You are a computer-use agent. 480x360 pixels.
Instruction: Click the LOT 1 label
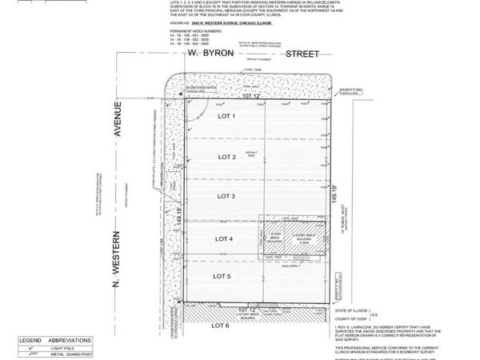[x=226, y=116]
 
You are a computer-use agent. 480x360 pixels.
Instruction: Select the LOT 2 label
[x=226, y=157]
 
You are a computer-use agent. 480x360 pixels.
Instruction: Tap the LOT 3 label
[x=226, y=195]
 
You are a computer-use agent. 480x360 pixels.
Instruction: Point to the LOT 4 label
[x=223, y=238]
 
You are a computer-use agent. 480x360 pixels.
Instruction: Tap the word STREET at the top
[x=296, y=54]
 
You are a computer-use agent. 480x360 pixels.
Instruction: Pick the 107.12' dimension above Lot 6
[x=249, y=307]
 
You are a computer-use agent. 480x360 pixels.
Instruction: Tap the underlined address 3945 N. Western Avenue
[x=225, y=24]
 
